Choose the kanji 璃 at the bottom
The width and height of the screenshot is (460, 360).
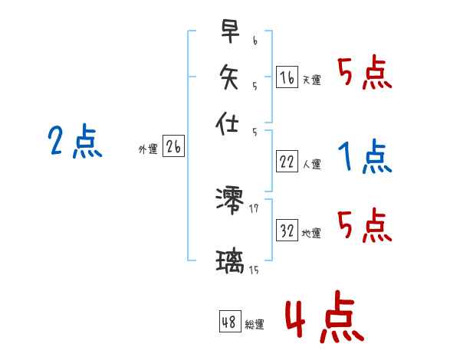click(230, 263)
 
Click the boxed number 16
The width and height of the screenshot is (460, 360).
click(287, 77)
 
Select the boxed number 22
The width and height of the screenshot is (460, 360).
click(287, 161)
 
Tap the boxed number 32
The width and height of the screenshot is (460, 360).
click(287, 231)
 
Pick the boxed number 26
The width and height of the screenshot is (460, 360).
click(173, 147)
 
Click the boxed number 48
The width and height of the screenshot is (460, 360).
click(229, 322)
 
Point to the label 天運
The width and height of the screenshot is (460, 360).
click(311, 80)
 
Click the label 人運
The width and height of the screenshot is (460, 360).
click(311, 164)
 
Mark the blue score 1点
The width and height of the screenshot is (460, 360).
click(364, 158)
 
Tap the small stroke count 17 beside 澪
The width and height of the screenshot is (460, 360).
click(254, 208)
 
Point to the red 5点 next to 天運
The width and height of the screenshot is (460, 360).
click(365, 74)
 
